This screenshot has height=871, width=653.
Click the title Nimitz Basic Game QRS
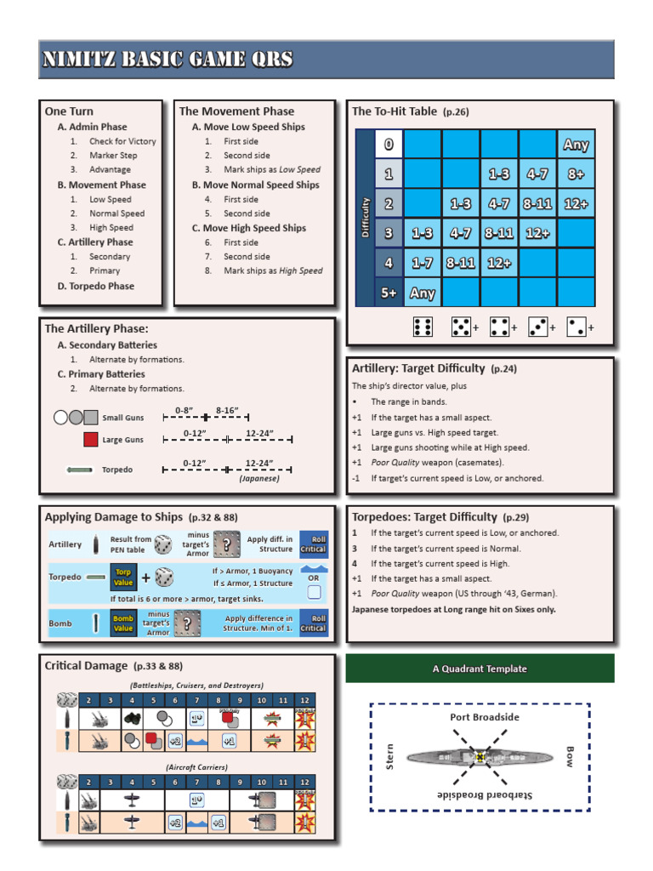coord(168,60)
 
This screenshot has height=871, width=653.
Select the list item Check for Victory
coord(122,141)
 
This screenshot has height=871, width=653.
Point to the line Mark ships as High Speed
coord(273,270)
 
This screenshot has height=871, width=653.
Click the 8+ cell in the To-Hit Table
coord(576,174)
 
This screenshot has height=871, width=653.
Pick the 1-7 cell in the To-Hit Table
coord(423,264)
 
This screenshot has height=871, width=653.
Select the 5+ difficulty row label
coord(389,293)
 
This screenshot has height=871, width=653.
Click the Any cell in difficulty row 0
coord(576,145)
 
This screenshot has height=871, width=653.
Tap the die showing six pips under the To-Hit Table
coord(423,327)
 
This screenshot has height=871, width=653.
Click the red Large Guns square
coord(91,440)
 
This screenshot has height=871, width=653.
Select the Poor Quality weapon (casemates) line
coord(437,463)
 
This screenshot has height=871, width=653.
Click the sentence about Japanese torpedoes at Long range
coord(454,608)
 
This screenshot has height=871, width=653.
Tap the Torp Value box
coord(123,578)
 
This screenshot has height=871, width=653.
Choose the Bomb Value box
coord(123,623)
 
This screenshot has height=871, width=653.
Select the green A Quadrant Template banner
coord(480,669)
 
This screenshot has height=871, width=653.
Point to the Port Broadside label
coord(484,717)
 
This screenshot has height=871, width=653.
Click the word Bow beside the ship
coord(569,756)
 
